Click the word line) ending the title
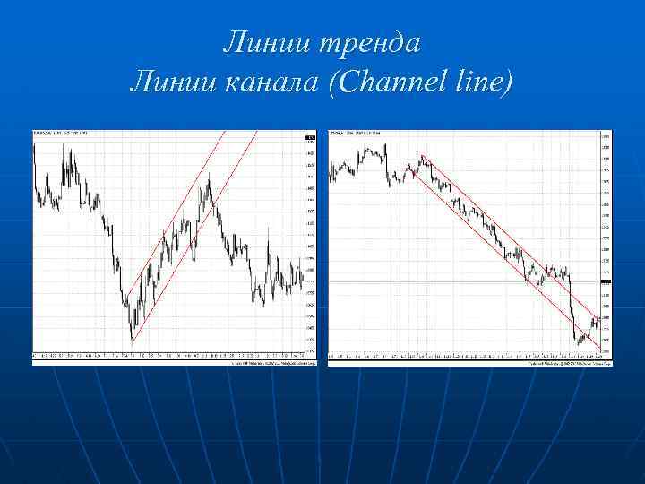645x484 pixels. tap(484, 84)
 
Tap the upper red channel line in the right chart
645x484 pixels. tap(502, 229)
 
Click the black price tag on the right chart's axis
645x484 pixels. tap(606, 282)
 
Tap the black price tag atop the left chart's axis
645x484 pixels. tap(310, 136)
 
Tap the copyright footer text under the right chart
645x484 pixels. tap(569, 363)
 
